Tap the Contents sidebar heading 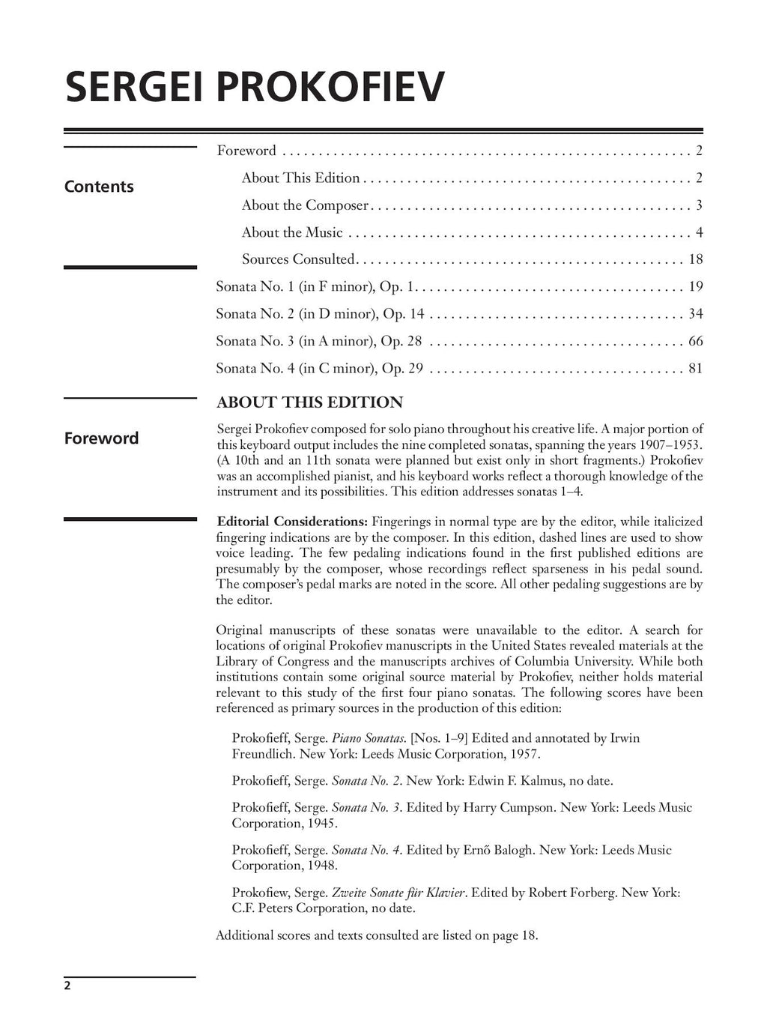(x=99, y=187)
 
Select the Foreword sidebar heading (x=101, y=438)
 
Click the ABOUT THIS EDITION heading (x=309, y=402)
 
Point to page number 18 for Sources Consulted (x=695, y=259)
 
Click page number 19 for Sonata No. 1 (x=695, y=286)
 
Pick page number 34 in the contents (x=695, y=314)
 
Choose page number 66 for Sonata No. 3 (x=695, y=341)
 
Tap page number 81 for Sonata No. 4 (x=695, y=368)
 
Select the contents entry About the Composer (x=305, y=205)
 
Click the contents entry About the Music (x=292, y=232)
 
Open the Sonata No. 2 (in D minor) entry (x=320, y=314)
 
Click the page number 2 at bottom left (x=67, y=986)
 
